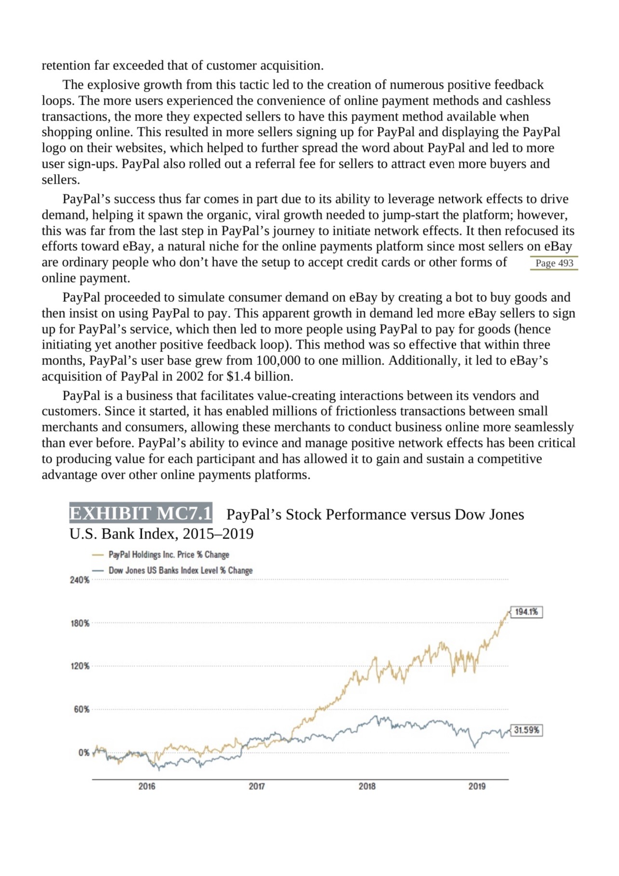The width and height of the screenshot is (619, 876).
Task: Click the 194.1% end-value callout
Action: coord(526,612)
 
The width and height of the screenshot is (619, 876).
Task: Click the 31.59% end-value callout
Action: coord(526,730)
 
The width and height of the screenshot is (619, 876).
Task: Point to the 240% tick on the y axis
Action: coord(80,580)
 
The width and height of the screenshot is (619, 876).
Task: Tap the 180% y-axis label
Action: coord(80,623)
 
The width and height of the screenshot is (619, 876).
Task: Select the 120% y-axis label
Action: coord(80,666)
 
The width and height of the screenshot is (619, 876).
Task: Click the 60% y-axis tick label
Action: coord(81,709)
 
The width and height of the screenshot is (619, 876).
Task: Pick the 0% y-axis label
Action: coord(83,753)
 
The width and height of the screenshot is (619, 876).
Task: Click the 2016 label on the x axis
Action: coord(147,786)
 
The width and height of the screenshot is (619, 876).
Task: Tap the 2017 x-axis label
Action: coord(256,786)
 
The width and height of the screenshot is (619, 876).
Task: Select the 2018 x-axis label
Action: coord(367,786)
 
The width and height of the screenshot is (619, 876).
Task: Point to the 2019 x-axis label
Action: coord(477,786)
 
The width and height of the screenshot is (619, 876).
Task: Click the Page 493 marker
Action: coord(554,263)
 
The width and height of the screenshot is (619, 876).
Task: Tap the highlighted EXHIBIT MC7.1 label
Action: coord(140,513)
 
